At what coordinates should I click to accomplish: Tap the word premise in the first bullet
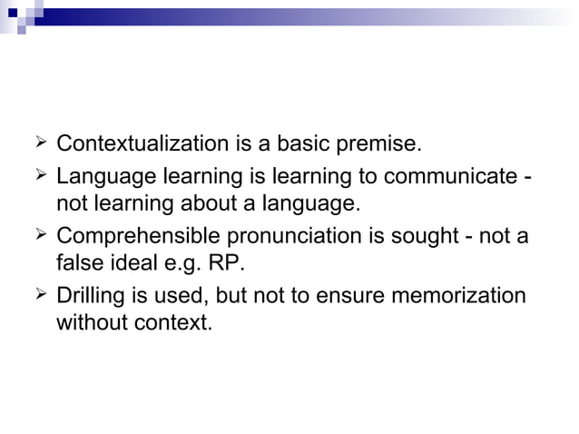click(381, 144)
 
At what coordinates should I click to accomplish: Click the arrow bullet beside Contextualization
click(37, 143)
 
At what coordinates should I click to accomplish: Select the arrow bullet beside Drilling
click(37, 294)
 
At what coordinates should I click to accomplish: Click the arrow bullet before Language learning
click(37, 173)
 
